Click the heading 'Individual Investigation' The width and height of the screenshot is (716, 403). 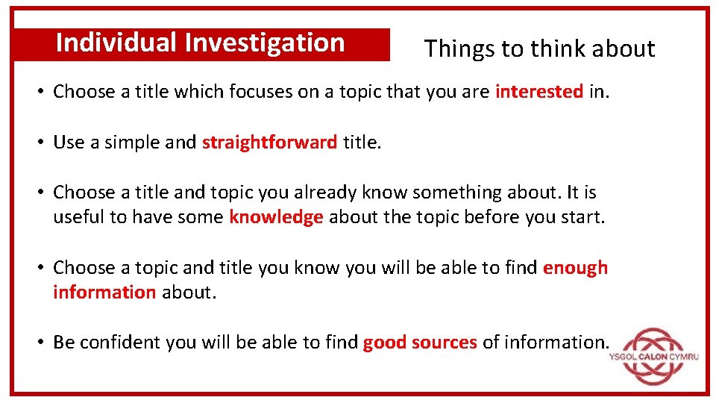[200, 43]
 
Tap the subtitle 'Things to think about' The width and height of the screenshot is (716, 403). [539, 49]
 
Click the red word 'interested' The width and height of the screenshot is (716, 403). [538, 92]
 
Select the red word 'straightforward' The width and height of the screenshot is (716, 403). [269, 143]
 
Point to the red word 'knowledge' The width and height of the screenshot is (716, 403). [276, 217]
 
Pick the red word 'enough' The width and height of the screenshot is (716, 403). [575, 267]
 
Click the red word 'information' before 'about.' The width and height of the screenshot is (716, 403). [104, 292]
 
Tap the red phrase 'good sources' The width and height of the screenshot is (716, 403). [420, 343]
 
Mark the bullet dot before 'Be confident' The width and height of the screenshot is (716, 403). [42, 343]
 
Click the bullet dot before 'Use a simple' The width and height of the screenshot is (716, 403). [42, 143]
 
